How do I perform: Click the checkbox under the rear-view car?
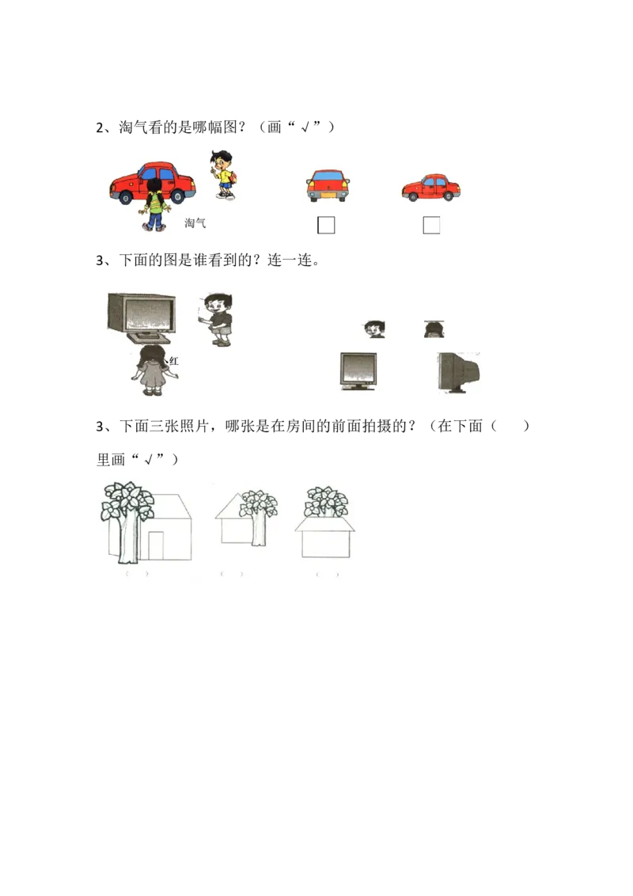click(x=326, y=226)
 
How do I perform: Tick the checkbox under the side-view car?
click(x=431, y=226)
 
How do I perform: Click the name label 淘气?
click(x=195, y=223)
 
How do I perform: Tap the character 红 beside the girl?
click(x=174, y=361)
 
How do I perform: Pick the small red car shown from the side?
click(x=430, y=188)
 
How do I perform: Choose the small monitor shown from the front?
click(x=358, y=370)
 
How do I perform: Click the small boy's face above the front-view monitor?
click(x=374, y=328)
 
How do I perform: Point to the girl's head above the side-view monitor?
click(x=433, y=329)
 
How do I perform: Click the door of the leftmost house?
click(x=156, y=545)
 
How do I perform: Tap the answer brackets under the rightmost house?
click(x=327, y=574)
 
